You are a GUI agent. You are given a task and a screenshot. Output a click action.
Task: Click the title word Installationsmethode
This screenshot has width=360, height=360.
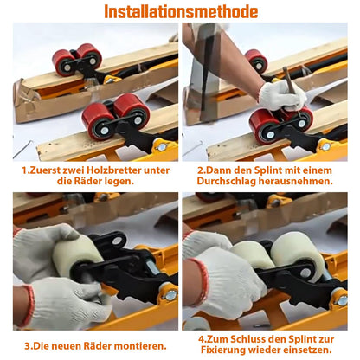pyautogui.click(x=181, y=12)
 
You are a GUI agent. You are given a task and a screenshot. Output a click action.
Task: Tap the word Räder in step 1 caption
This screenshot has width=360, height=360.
pyautogui.click(x=86, y=182)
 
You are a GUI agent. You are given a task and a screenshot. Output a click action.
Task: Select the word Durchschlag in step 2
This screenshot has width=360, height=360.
pyautogui.click(x=227, y=182)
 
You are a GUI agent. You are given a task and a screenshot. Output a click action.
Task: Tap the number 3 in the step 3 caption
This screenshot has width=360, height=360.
pyautogui.click(x=27, y=346)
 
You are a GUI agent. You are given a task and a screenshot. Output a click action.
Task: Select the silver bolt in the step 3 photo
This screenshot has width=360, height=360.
pyautogui.click(x=170, y=294)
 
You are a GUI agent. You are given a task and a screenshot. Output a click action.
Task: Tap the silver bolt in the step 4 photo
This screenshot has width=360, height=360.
pyautogui.click(x=343, y=300)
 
